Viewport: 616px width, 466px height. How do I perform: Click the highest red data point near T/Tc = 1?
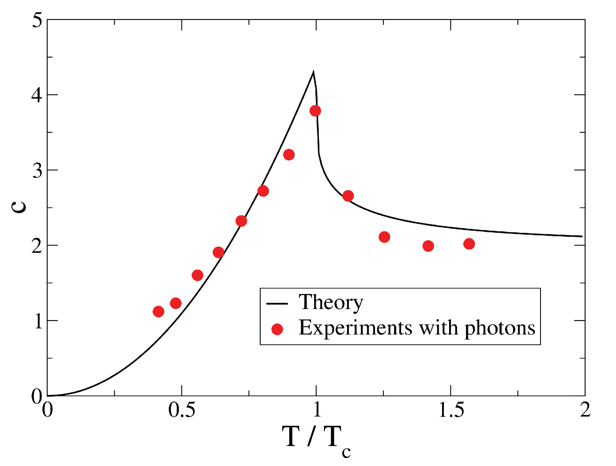click(315, 111)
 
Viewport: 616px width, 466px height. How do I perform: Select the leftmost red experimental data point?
click(158, 311)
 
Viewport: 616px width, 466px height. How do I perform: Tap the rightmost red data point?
click(469, 244)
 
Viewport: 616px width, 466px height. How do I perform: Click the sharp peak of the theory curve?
click(313, 72)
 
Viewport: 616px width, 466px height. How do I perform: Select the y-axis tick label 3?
click(37, 170)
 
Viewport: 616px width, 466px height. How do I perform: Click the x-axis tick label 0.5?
click(182, 410)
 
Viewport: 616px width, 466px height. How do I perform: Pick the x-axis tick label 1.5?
click(451, 410)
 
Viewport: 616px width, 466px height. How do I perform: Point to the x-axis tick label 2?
click(585, 410)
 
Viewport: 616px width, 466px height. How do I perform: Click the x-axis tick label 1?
click(317, 410)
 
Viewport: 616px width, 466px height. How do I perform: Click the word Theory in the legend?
click(331, 303)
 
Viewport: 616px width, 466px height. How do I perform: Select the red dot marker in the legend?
click(277, 329)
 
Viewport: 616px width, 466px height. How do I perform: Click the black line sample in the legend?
click(277, 304)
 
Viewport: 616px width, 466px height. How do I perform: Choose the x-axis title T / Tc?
click(316, 438)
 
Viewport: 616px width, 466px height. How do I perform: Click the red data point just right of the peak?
click(348, 196)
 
